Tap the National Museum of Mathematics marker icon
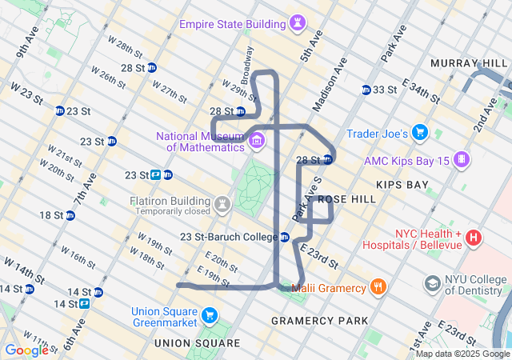click(257, 142)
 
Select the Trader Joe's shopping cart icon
click(420, 133)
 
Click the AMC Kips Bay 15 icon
click(462, 160)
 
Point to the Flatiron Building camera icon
click(222, 206)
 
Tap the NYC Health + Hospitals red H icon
click(473, 238)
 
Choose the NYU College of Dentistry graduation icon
click(433, 284)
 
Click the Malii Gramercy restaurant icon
click(378, 287)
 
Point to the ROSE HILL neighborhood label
click(346, 198)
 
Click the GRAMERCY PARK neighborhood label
click(320, 321)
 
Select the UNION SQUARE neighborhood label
click(197, 343)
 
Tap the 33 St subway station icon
click(366, 90)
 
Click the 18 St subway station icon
click(70, 215)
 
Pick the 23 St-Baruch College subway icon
click(284, 237)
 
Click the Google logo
click(26, 350)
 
